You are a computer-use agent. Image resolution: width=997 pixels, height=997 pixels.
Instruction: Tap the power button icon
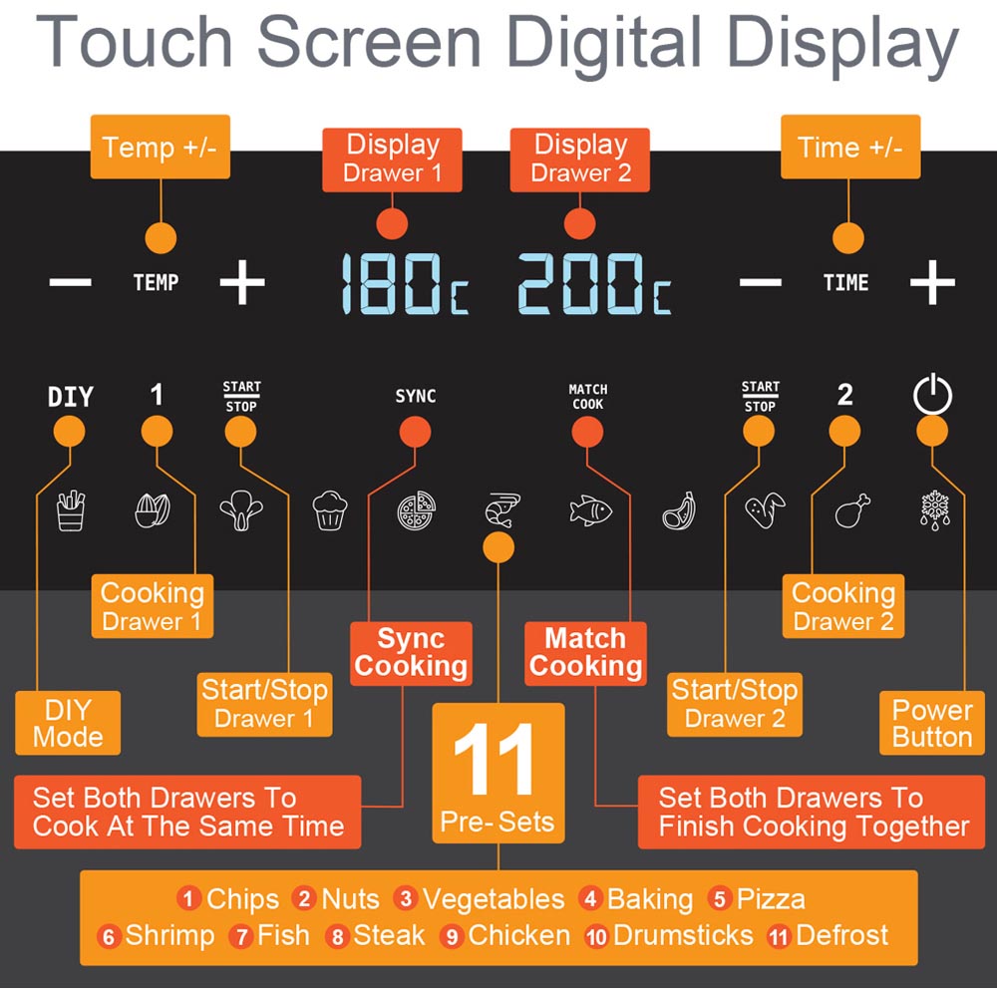click(932, 394)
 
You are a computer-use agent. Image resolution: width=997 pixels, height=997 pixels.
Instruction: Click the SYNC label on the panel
click(415, 396)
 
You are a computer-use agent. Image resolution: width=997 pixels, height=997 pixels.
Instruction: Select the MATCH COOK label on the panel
click(587, 396)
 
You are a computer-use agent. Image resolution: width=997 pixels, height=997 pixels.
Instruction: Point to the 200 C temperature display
click(594, 283)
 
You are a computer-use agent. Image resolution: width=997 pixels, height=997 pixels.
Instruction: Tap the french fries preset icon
click(71, 510)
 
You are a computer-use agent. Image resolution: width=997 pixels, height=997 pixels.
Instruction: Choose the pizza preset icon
click(417, 510)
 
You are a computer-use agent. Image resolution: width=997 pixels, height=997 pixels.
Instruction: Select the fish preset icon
click(590, 510)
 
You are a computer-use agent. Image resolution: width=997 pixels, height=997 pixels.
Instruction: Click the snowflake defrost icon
click(935, 510)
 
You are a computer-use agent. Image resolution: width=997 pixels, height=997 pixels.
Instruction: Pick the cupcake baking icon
click(330, 510)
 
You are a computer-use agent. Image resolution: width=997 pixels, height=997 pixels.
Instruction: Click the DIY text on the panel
click(71, 397)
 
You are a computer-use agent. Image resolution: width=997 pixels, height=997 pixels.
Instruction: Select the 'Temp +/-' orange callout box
click(161, 147)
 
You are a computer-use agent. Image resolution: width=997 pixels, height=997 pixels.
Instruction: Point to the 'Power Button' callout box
click(932, 723)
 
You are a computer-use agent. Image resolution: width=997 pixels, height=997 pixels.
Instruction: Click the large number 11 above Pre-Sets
click(495, 759)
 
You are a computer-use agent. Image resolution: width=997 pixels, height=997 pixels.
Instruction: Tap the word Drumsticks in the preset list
click(683, 935)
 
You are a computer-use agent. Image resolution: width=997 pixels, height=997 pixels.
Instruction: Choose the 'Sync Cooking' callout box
click(411, 653)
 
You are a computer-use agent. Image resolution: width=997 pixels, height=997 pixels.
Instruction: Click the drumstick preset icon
click(852, 510)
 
